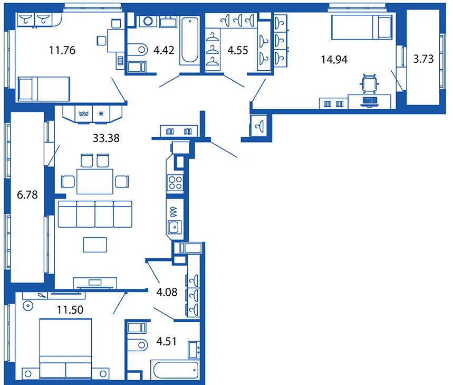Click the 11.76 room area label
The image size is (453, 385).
[62, 50]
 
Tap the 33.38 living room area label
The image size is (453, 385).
[106, 138]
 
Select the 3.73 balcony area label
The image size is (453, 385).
[423, 59]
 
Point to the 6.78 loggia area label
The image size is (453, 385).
[27, 195]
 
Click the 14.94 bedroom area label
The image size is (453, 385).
[334, 60]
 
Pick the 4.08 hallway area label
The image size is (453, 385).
[167, 292]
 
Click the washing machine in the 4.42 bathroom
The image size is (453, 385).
[148, 21]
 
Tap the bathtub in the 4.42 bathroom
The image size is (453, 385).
[190, 40]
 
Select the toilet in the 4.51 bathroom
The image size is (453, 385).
[138, 345]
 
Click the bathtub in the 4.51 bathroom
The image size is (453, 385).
[175, 370]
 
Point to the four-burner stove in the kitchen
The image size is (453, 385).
[175, 183]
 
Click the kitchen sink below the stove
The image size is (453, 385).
[175, 227]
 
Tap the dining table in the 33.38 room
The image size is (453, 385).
[95, 182]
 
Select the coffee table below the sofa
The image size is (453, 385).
[95, 245]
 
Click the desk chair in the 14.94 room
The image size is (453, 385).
[370, 83]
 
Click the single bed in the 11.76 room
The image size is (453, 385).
[44, 89]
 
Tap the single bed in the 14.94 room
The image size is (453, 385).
[362, 27]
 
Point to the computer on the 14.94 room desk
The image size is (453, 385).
[370, 102]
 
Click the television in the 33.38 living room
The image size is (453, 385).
[95, 283]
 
